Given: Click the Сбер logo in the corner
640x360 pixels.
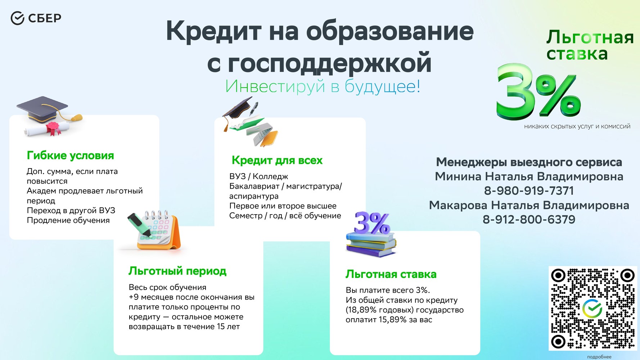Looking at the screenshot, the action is [36, 18].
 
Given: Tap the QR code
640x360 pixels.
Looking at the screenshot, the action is [592, 309].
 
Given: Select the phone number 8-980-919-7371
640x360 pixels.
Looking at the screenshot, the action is [529, 191].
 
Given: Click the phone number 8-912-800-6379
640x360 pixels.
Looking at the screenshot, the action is [529, 220].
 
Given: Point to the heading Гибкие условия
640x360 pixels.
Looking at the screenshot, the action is [70, 156].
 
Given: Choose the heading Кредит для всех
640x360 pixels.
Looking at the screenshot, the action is [277, 160].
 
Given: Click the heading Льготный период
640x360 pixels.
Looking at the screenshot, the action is [177, 271].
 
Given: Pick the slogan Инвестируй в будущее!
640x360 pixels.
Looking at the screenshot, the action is [323, 86].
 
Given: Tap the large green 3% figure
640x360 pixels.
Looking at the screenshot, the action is [538, 92].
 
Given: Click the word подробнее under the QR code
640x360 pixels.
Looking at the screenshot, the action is [599, 357].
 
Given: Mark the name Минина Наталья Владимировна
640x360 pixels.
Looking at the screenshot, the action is [529, 176].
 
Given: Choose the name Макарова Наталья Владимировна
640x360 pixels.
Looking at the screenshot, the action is [529, 205].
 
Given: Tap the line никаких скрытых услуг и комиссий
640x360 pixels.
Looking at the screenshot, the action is [577, 126].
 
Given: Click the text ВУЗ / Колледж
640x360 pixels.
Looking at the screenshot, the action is [259, 176].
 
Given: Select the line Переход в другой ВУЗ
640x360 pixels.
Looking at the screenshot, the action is [71, 211].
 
